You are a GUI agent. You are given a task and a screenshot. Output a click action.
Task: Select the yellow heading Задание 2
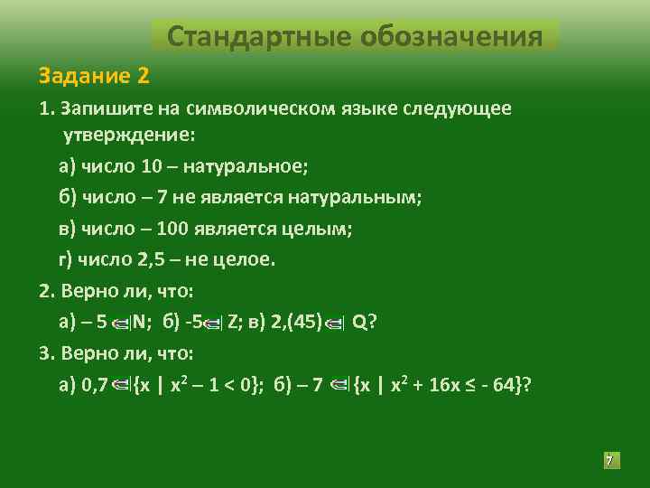point(94,73)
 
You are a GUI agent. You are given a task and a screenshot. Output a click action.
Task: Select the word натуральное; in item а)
point(243,166)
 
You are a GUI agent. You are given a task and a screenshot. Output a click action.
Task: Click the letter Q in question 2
point(358,323)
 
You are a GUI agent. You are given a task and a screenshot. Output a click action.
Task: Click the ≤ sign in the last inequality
point(467,386)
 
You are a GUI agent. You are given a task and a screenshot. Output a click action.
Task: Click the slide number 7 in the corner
point(609,461)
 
